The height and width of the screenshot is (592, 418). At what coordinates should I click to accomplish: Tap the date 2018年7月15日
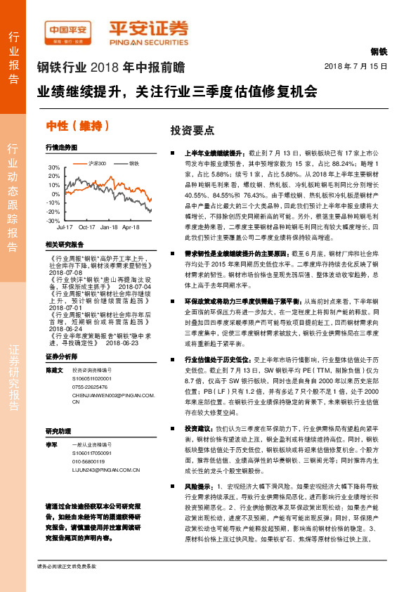356,66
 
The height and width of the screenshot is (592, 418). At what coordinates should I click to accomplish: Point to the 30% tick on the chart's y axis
53,167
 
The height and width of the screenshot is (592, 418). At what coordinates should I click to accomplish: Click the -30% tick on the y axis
53,220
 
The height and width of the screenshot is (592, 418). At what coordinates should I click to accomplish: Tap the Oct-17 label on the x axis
87,228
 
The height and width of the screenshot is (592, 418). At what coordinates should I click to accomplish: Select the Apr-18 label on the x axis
131,228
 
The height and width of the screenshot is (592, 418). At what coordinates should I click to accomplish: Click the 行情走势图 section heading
60,148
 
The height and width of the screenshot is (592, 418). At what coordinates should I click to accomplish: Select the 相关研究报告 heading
64,244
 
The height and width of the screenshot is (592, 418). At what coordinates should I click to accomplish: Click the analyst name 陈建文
54,370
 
